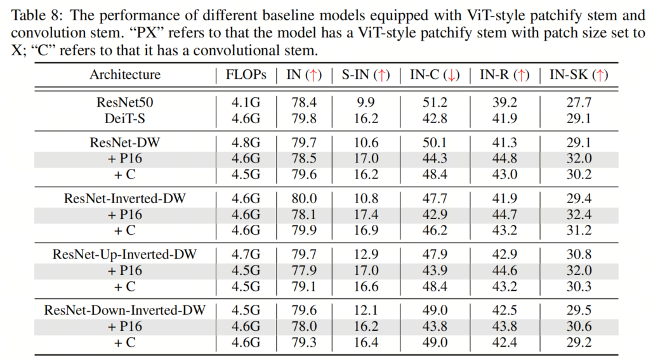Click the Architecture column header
125,74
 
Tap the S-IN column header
366,74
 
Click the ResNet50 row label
125,102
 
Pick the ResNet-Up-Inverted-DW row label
125,254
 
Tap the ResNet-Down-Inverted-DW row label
125,310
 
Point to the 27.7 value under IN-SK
579,102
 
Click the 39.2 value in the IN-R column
505,102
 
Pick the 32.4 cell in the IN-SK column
579,214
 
